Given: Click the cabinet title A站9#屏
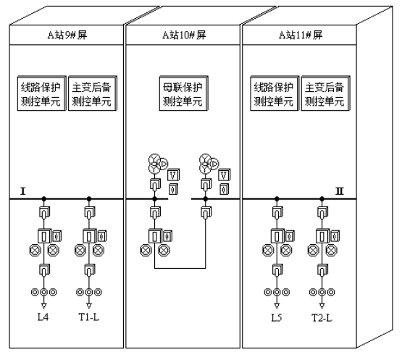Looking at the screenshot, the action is tap(67, 35).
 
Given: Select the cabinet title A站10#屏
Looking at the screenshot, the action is tap(184, 35).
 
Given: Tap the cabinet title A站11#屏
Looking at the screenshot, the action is tap(301, 35).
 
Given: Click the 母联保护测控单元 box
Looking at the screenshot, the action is tap(183, 93).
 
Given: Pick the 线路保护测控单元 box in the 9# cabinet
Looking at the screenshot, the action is tap(42, 93).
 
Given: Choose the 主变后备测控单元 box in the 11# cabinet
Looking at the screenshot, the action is tap(326, 93).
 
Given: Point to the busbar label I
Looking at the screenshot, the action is tap(23, 191).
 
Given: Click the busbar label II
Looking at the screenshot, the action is tap(340, 191).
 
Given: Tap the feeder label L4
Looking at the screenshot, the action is tap(43, 317).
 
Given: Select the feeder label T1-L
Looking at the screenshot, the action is tap(89, 317).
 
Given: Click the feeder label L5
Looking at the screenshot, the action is tap(277, 318).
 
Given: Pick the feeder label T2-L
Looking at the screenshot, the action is tap(322, 318).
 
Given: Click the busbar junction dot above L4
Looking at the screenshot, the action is tap(44, 198).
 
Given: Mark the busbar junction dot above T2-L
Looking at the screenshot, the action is tap(322, 198).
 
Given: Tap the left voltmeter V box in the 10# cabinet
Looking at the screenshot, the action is tap(173, 175).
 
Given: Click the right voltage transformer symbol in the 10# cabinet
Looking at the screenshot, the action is tap(209, 164).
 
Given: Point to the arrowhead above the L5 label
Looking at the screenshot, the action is tap(277, 306).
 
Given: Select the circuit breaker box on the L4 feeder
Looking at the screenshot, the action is tap(44, 236).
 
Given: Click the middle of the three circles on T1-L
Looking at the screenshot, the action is tap(89, 292).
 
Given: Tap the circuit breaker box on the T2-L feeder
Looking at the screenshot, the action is tap(322, 236).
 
